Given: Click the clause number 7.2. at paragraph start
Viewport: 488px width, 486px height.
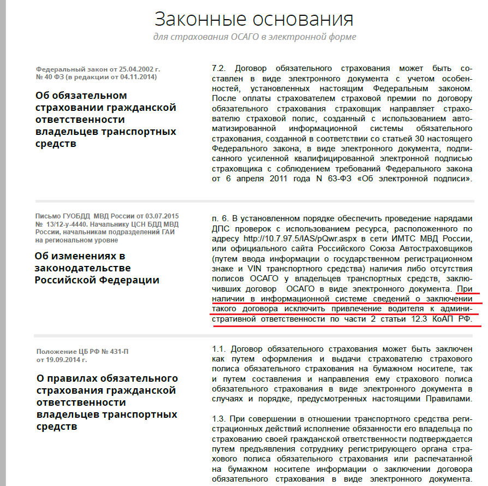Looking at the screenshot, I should point(218,68).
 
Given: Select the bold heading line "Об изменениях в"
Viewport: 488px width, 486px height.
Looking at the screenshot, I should point(80,256).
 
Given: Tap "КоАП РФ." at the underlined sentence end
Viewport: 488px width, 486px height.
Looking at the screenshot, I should point(454,319).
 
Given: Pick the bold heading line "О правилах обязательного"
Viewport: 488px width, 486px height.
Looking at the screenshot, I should point(106,378).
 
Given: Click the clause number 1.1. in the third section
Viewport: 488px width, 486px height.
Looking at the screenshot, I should point(218,348).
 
